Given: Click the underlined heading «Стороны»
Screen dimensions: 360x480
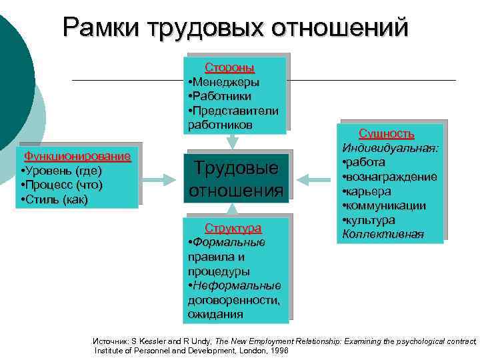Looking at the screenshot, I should coord(229,68).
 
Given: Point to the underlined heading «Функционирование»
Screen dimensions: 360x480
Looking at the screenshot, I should coord(77,157).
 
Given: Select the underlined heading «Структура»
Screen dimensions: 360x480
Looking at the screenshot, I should coord(233,228).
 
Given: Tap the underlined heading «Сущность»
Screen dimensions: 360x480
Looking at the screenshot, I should coord(387,133).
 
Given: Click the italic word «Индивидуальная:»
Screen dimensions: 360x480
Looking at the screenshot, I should coord(390,148).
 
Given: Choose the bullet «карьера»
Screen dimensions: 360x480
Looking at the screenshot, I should coord(371,191).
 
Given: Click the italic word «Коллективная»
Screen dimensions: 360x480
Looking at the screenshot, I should coord(383,234).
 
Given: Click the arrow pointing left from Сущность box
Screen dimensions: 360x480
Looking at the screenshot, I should coord(311,179).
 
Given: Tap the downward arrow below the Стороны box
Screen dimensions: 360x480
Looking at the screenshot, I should coord(231,141).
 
